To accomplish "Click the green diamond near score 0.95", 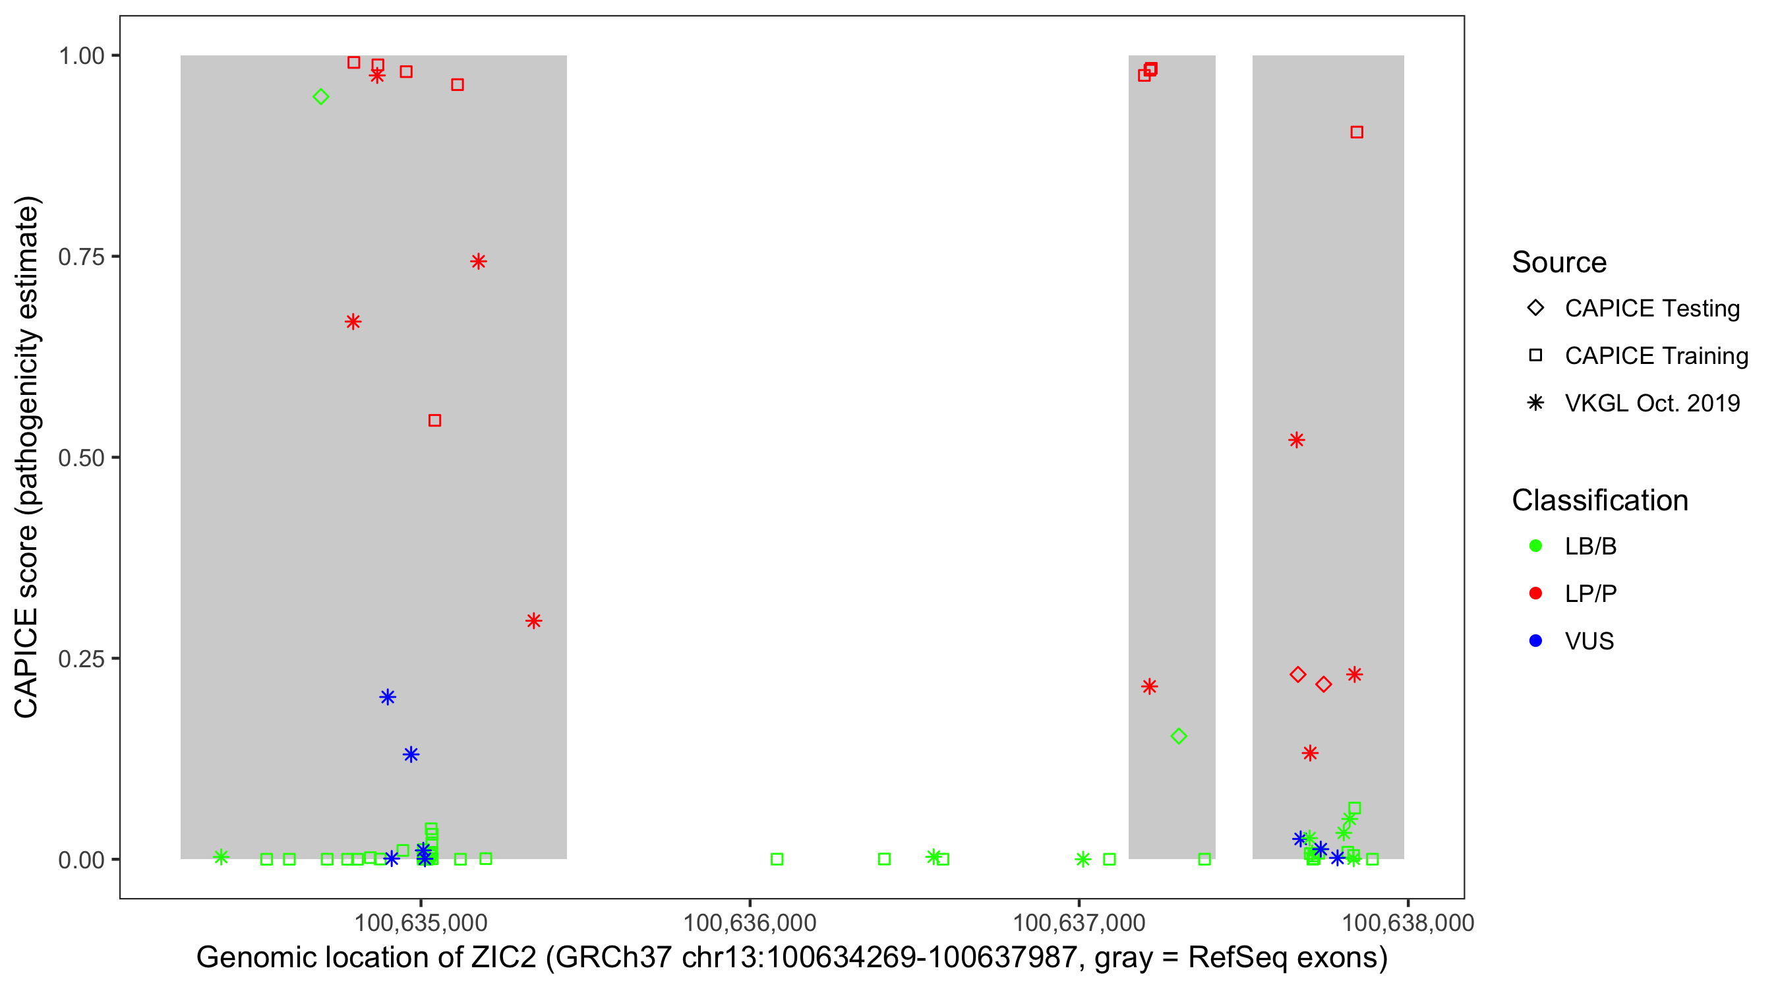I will tap(320, 97).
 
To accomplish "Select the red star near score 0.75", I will tap(478, 261).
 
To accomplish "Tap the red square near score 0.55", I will tap(434, 420).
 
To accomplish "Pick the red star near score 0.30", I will tap(533, 620).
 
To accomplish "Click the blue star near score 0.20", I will tap(388, 697).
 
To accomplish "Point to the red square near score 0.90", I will tap(1357, 132).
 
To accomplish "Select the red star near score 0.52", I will tap(1296, 440).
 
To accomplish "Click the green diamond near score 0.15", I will tap(1179, 736).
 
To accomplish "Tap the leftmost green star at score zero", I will tap(221, 857).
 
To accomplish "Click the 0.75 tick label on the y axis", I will tap(81, 257).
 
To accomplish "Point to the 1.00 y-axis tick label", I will tap(81, 56).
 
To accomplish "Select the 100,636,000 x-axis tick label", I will tap(750, 922).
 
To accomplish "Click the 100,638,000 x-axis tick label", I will tap(1408, 922).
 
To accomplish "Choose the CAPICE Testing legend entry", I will tap(1651, 309).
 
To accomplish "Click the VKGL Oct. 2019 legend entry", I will tap(1651, 403).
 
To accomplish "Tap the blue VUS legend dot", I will tap(1535, 641).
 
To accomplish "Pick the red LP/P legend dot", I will tap(1535, 593).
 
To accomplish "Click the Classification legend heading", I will tap(1599, 500).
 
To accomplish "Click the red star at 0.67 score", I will tap(353, 322).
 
